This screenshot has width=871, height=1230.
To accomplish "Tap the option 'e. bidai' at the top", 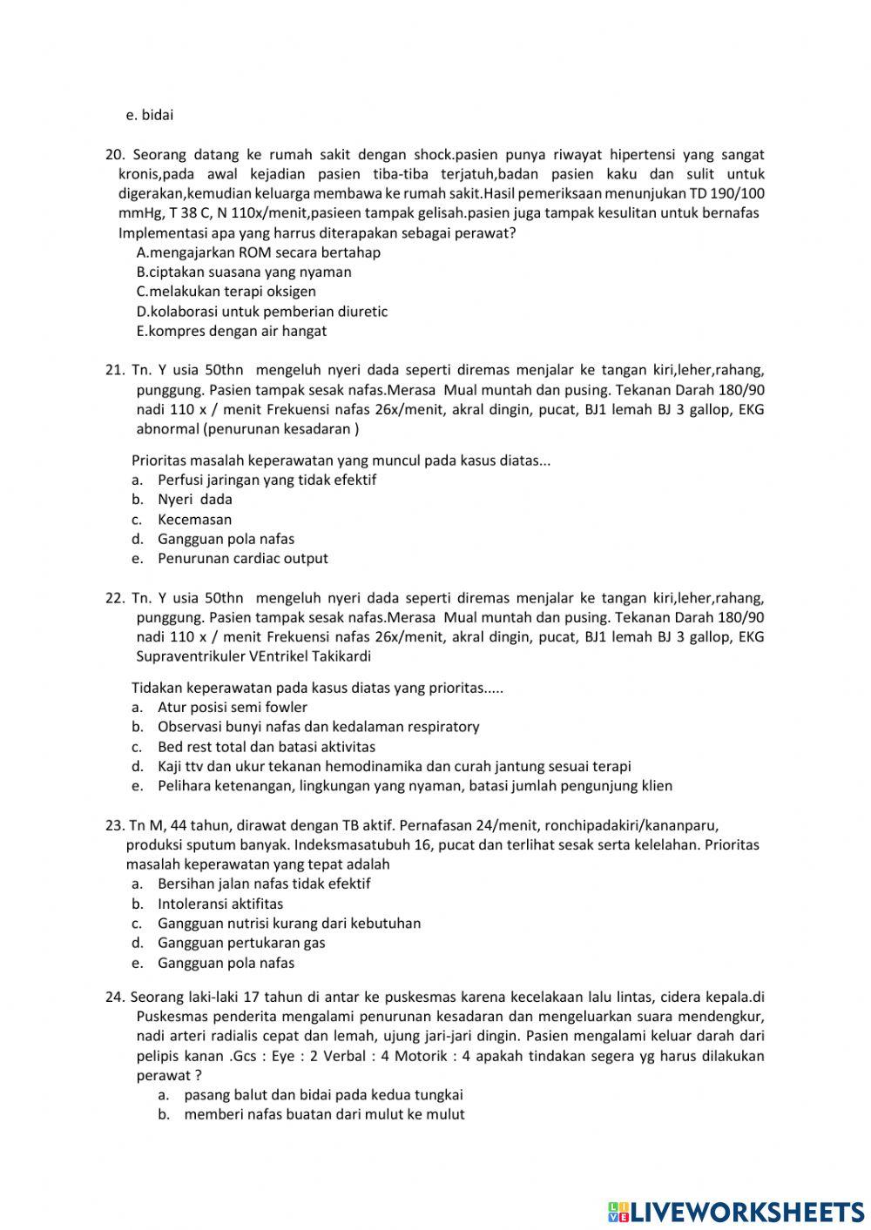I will tap(150, 115).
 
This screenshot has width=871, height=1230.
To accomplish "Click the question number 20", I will tap(115, 155).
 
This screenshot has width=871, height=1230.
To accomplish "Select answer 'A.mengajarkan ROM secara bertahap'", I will tap(258, 252).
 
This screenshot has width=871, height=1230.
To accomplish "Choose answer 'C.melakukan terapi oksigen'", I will tap(226, 292).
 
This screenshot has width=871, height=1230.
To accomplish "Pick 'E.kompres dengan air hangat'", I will tap(231, 331).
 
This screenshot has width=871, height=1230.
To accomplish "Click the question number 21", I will tap(115, 370).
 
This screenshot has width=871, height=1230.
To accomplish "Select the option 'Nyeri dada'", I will tap(194, 500).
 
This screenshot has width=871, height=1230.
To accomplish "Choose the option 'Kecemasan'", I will tap(194, 520).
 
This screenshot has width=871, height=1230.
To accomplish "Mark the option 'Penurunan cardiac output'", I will tap(242, 559).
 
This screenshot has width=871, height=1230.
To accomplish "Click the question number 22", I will tap(115, 598).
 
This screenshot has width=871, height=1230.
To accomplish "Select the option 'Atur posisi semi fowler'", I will tap(232, 708).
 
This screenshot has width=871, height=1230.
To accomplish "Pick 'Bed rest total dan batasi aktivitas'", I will tap(266, 747).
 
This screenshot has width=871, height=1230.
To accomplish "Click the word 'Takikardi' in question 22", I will tap(341, 656).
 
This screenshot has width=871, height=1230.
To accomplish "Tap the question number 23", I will tap(115, 825).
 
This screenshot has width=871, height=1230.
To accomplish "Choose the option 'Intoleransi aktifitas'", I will tap(219, 904).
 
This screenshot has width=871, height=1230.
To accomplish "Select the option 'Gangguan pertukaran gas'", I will tap(241, 943).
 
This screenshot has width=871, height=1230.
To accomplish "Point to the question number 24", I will tap(115, 998).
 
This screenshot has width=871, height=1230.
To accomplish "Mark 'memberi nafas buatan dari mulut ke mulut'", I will tap(324, 1114).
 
